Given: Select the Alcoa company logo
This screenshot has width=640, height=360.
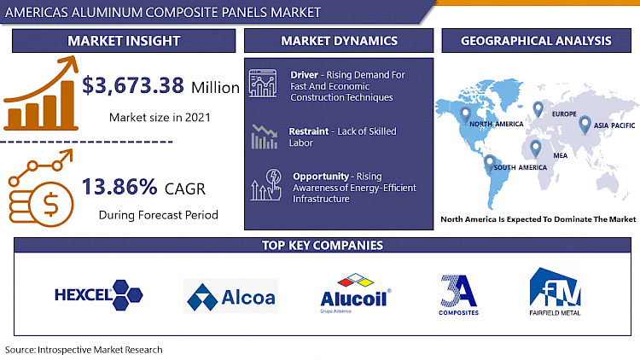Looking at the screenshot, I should click(x=230, y=296).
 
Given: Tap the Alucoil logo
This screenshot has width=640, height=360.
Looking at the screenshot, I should click(x=354, y=293).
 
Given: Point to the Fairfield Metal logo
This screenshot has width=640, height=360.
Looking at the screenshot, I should click(x=556, y=293).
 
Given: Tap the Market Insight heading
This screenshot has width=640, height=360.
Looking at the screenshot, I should click(x=125, y=41).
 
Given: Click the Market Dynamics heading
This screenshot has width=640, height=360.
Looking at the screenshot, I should click(x=340, y=41).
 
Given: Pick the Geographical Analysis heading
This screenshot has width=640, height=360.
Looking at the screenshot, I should click(x=535, y=41).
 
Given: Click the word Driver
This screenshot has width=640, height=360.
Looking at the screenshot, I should click(x=305, y=74).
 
